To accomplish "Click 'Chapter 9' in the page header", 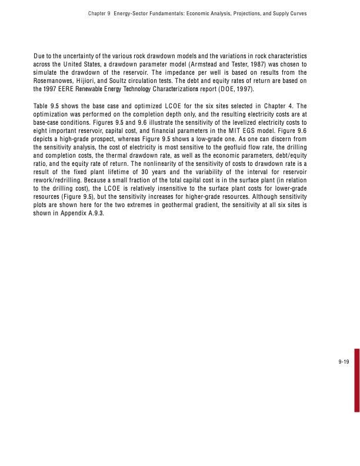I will click(x=96, y=12).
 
